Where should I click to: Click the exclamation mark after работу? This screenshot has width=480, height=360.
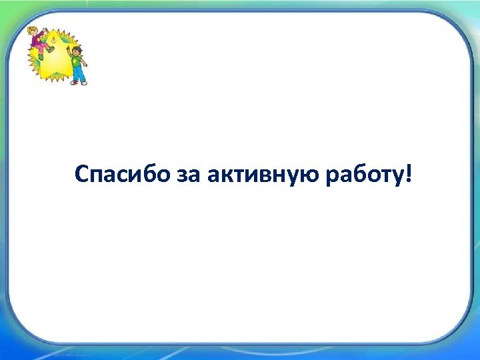(408, 174)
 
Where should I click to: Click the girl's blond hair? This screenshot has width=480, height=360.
(33, 31)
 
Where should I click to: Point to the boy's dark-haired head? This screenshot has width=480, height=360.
(77, 51)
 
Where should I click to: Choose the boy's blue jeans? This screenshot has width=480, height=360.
(78, 74)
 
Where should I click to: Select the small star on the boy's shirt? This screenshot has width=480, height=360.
(77, 61)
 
